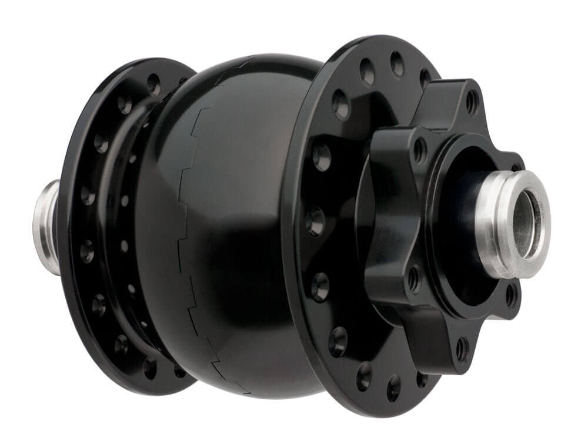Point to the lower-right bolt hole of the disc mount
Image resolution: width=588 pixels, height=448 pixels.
coord(510,294)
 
